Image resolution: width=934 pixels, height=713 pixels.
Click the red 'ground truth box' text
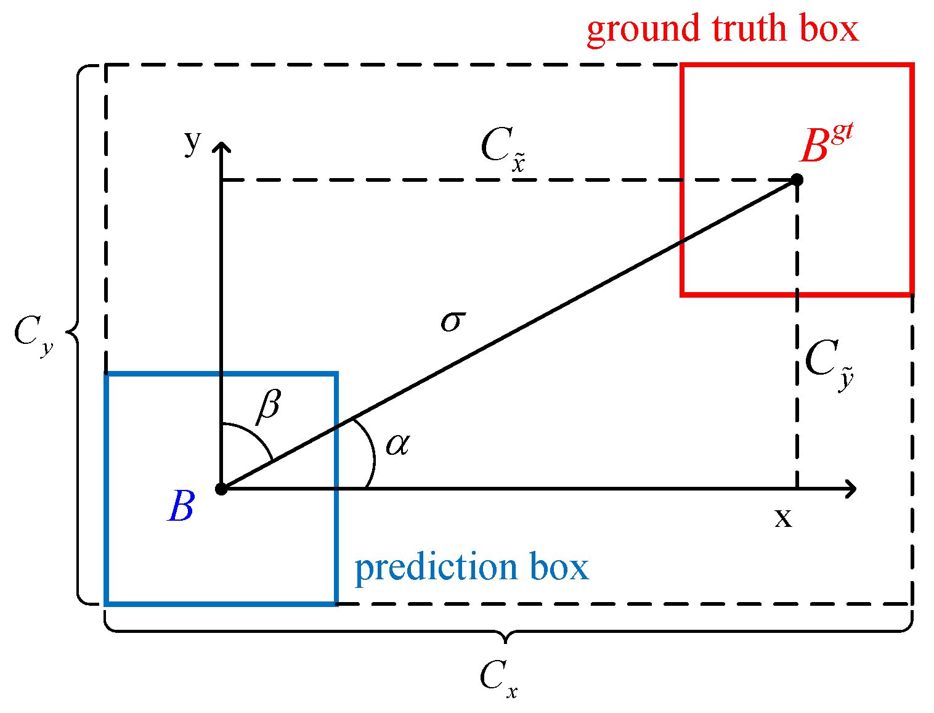[722, 29]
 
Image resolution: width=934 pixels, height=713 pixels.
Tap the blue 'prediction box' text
[471, 568]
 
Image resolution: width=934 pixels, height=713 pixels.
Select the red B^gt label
[826, 145]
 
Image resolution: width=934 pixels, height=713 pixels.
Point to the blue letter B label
[181, 507]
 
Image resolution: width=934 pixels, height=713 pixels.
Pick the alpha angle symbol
[397, 444]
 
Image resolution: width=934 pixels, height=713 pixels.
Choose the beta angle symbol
[269, 407]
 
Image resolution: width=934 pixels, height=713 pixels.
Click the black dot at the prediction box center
[221, 489]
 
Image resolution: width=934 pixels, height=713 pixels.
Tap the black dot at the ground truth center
[797, 180]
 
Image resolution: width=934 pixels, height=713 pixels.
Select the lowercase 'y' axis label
[193, 143]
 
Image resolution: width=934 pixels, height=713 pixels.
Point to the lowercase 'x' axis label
[783, 518]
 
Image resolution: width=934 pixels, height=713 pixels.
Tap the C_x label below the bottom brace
[498, 678]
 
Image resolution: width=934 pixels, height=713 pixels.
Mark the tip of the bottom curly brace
[506, 642]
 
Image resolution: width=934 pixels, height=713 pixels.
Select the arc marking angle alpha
[370, 453]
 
